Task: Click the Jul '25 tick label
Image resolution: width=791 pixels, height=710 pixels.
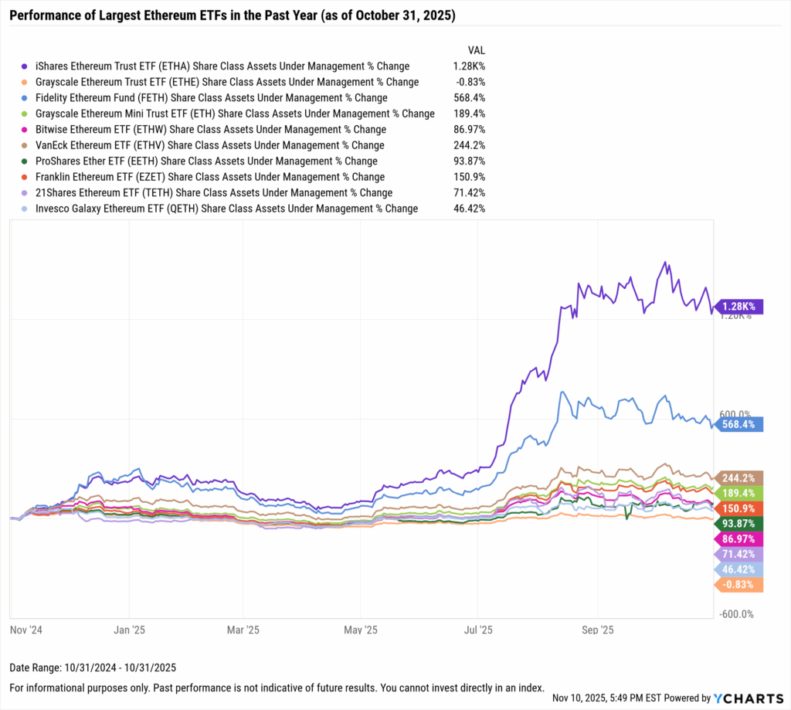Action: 479,629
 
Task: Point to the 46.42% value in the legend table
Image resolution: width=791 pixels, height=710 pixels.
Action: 470,209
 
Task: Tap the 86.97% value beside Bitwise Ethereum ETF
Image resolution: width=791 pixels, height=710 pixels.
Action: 470,130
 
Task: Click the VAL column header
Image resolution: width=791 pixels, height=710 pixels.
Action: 476,49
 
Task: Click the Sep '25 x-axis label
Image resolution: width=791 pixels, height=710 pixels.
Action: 596,629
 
